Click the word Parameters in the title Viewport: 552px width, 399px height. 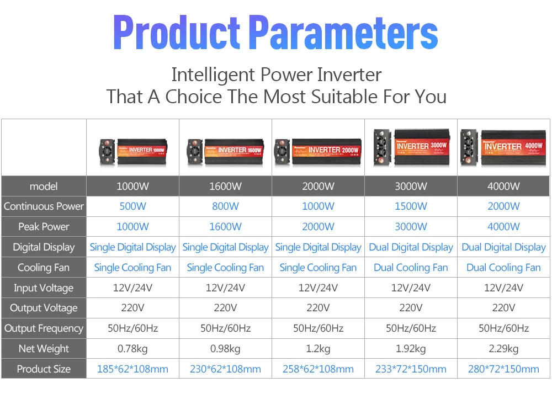(x=343, y=33)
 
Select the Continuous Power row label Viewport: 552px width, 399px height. (x=44, y=206)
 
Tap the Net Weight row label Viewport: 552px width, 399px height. (x=44, y=349)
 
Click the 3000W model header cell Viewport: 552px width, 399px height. (x=411, y=187)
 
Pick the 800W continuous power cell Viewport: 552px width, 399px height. (x=225, y=206)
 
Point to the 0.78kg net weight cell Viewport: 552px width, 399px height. (x=132, y=349)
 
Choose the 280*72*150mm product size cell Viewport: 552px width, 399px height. (x=503, y=369)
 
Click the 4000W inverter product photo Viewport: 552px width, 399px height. (x=503, y=147)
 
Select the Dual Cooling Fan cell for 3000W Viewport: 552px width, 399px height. (x=411, y=268)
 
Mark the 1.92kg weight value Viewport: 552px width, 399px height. (x=411, y=349)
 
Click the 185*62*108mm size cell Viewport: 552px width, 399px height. (x=132, y=369)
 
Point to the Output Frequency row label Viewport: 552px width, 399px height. (x=44, y=328)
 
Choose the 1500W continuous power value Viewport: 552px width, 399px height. (x=411, y=206)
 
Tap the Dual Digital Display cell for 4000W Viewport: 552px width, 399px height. (x=503, y=247)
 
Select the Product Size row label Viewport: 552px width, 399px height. (x=44, y=369)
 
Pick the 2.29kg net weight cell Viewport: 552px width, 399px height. (x=503, y=349)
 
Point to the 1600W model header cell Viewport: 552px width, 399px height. (x=225, y=187)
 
